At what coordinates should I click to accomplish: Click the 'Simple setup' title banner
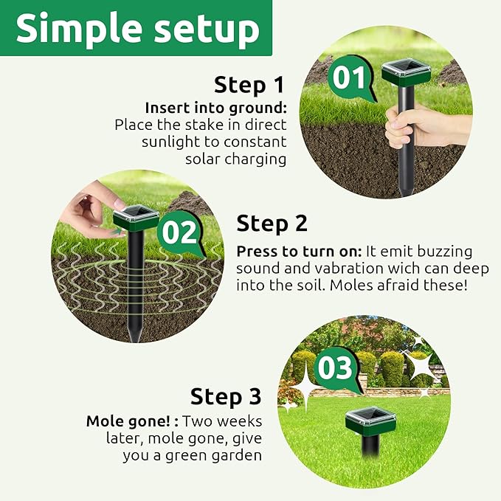(137, 29)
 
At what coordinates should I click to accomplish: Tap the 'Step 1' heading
(250, 85)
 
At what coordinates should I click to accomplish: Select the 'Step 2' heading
(272, 223)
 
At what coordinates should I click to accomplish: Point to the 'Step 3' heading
(225, 397)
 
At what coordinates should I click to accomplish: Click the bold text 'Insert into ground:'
(215, 108)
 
